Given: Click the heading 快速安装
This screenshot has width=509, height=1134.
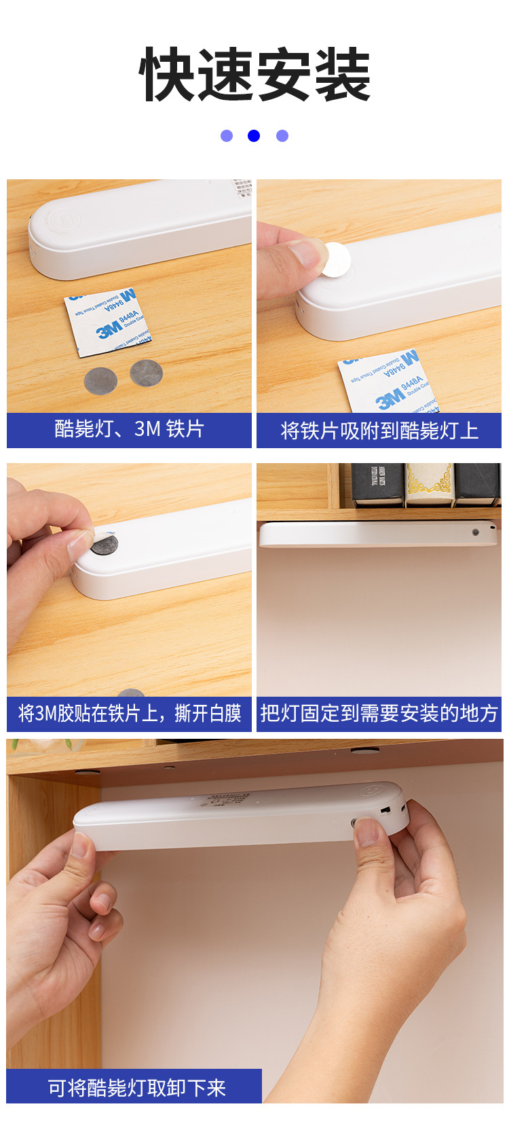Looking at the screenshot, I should coord(254,75).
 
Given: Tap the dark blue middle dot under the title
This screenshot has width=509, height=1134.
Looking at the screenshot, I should coord(254,136).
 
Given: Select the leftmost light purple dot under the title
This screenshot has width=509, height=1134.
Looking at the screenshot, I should coord(227,136).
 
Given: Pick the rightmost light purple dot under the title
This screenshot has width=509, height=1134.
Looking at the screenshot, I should coord(282,136).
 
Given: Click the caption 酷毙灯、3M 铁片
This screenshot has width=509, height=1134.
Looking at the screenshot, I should coord(129,430).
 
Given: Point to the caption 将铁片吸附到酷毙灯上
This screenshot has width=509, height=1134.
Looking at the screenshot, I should coord(379,431).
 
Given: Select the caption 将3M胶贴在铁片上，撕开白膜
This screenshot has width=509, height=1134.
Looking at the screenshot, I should coord(129,714).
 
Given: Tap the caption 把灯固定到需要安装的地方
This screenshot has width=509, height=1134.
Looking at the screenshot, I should coord(379,714).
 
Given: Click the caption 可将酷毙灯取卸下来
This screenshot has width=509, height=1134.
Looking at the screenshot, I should coord(136,1088).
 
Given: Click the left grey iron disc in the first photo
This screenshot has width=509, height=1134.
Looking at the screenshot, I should coord(100,381).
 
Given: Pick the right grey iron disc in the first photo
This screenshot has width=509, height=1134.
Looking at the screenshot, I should coord(146,373).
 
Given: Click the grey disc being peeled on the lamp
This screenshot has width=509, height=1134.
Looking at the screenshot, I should coord(105,544).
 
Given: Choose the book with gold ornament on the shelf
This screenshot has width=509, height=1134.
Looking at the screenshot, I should coord(428,484).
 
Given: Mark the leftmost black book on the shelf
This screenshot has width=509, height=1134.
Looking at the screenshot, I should coord(377,484).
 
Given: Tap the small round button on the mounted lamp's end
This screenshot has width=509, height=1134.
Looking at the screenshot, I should coord(475,532).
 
